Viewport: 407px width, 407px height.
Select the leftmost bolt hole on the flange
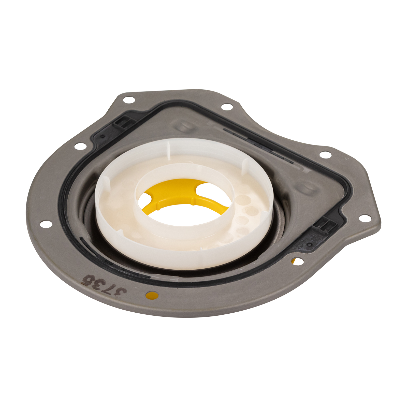(46, 224)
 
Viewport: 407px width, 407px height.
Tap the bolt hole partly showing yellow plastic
(297, 261)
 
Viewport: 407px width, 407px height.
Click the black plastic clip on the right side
(321, 227)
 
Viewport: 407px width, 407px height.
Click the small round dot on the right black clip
(309, 245)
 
